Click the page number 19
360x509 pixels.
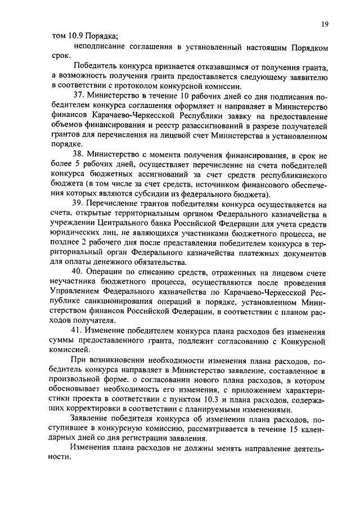(x=325, y=24)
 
